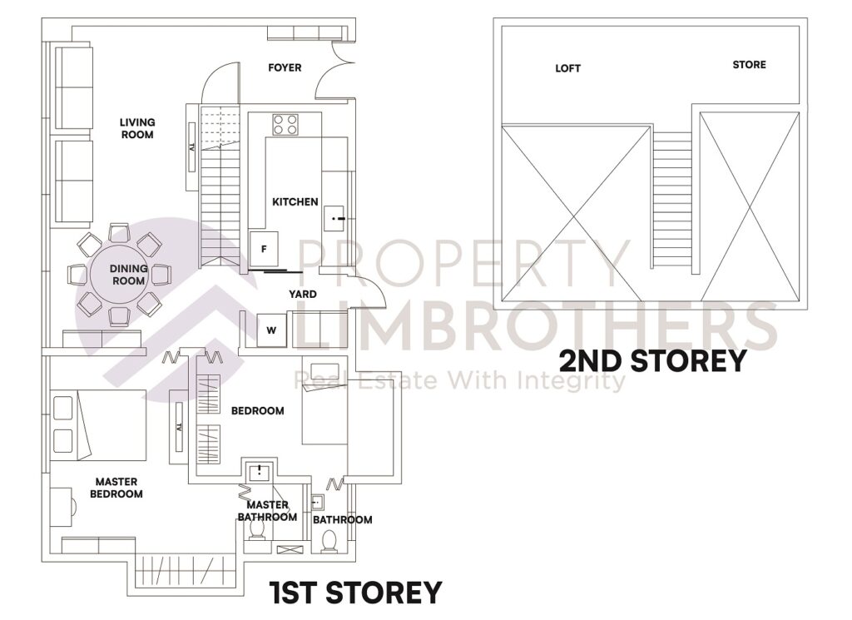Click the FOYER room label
point(285,67)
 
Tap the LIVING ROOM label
point(137,128)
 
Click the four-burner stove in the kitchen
point(285,125)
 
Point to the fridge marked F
point(265,249)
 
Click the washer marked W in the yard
point(271,330)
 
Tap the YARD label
point(302,295)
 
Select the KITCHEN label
point(295,201)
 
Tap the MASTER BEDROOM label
point(117,488)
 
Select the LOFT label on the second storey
point(568,68)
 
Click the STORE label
point(749,65)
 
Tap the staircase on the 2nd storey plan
point(671,200)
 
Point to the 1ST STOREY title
point(355,593)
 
